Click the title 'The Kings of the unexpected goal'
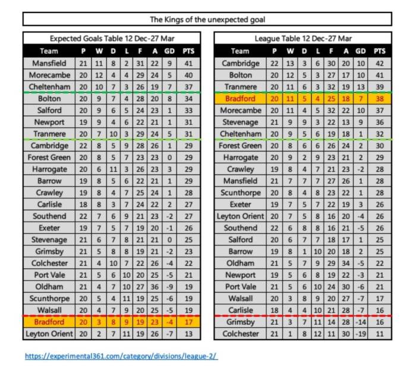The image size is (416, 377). click(x=207, y=20)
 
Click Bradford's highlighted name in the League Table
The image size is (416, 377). click(x=240, y=99)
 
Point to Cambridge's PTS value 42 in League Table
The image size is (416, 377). click(x=380, y=64)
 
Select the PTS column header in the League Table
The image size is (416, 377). click(x=380, y=51)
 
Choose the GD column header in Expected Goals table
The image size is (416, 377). click(x=171, y=51)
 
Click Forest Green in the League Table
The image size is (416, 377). click(x=240, y=145)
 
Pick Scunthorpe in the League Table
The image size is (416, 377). click(x=240, y=192)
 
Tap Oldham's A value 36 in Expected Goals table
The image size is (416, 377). click(x=156, y=286)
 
